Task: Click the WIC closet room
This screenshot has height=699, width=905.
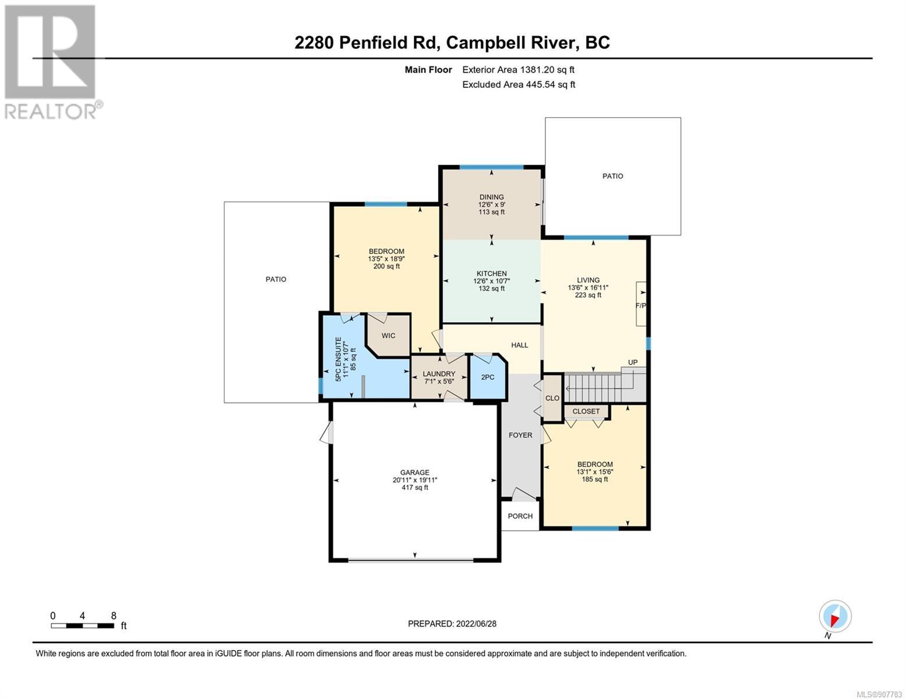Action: coord(388,336)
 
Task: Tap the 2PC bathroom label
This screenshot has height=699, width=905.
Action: coord(488,377)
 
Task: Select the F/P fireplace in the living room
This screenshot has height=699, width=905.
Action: coord(641,304)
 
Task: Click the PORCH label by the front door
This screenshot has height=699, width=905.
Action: coord(520,516)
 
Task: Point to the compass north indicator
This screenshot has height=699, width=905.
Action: coord(835,616)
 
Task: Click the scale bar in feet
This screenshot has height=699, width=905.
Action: coord(83,626)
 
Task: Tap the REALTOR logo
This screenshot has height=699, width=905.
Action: coord(51,62)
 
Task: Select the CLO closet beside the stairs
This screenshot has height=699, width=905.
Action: coord(552,398)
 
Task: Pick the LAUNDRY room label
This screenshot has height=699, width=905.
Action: coord(439,374)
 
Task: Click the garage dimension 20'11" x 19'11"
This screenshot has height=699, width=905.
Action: coord(415,480)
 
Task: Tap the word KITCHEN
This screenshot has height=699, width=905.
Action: coord(492,274)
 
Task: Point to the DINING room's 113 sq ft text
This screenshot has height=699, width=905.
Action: coord(492,212)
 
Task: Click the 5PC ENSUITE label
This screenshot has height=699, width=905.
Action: coord(338,359)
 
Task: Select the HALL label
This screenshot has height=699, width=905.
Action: coord(520,345)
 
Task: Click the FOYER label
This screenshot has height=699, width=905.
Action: coord(520,435)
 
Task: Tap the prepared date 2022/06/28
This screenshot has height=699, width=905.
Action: coord(476,624)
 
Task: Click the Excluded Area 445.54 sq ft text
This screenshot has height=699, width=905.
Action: coord(519,84)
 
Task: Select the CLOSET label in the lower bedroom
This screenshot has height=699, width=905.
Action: coord(586,411)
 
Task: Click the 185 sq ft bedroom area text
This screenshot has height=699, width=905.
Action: coord(595,479)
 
